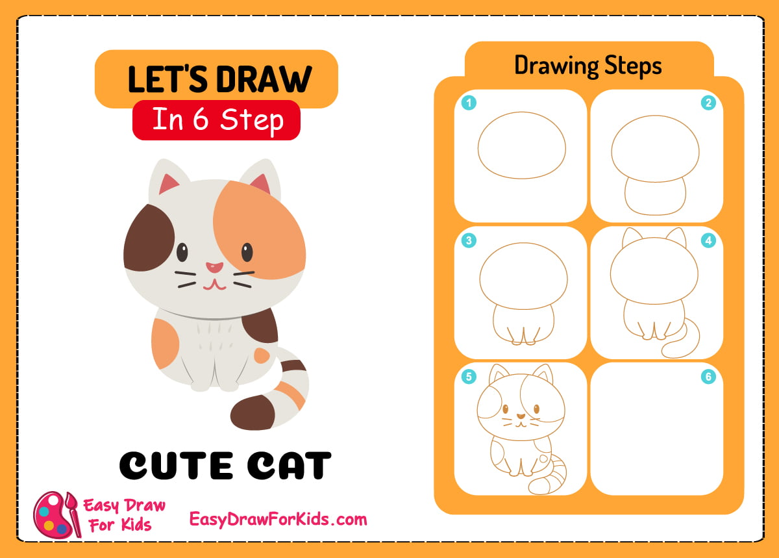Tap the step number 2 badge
[x=708, y=103]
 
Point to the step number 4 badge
[x=708, y=240]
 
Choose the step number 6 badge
[x=708, y=377]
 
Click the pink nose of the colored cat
[x=214, y=267]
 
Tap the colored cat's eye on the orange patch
[x=247, y=251]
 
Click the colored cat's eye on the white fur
[x=182, y=251]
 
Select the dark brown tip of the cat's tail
[x=253, y=412]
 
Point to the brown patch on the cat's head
[x=148, y=236]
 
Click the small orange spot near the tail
[x=262, y=355]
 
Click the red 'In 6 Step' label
[x=216, y=120]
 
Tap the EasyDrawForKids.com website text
[x=278, y=519]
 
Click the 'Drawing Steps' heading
[x=587, y=65]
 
